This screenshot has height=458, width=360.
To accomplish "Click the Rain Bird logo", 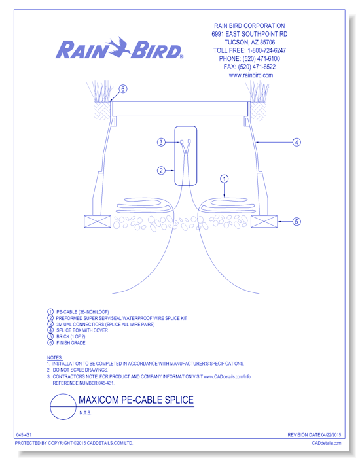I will (x=120, y=50).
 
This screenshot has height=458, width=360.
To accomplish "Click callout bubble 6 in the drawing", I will (x=123, y=89).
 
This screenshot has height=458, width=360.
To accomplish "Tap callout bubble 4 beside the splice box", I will (x=296, y=142).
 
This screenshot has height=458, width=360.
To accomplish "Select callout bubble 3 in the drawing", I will (x=160, y=142).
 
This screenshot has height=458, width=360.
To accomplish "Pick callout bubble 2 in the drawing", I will (x=160, y=171).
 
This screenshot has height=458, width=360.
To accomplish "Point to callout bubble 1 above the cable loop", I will (x=224, y=178).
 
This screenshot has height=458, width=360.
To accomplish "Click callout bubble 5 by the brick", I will (x=296, y=222).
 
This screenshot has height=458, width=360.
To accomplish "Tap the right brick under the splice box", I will (x=263, y=222).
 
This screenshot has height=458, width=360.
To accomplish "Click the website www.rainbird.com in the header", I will (x=251, y=75).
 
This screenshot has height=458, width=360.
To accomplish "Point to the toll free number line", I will (x=252, y=50).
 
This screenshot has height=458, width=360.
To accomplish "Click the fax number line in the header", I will (x=252, y=67).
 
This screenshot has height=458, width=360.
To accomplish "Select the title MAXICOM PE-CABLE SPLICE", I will (x=135, y=400).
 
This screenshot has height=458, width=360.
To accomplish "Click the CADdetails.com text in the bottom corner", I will (x=333, y=443).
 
